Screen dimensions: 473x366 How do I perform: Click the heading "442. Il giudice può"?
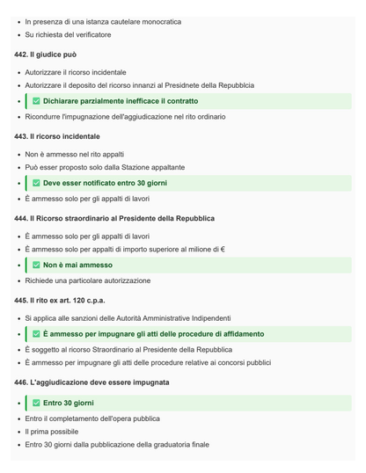coord(51,55)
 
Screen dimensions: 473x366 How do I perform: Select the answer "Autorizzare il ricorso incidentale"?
coord(76,72)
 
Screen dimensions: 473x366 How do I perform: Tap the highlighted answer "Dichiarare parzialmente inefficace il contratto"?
coord(121,101)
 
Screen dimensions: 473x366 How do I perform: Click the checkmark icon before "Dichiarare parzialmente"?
coord(36,101)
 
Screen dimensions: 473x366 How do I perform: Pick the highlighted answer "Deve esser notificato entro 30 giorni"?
coord(105,183)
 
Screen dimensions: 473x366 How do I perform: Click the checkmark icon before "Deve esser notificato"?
coord(36,183)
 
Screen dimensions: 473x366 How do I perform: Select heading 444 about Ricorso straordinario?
coord(114,218)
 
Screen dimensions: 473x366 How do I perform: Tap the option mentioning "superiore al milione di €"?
coord(125,250)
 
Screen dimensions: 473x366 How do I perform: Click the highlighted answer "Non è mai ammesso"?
coord(77,265)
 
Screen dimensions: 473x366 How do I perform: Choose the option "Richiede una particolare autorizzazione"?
coord(88,280)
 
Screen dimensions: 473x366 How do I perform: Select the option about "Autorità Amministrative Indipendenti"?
coord(128,317)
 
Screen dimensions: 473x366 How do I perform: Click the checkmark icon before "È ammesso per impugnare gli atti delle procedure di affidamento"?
coord(36,334)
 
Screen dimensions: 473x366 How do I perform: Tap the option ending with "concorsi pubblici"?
coord(148,362)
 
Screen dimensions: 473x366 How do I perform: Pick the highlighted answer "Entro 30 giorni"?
coord(69,403)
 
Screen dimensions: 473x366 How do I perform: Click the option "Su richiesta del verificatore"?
coord(69,34)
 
